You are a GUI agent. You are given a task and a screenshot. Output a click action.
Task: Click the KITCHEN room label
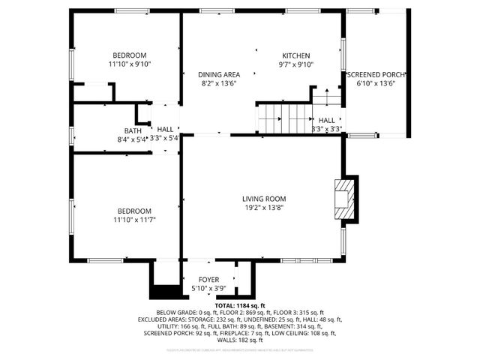pos(295,55)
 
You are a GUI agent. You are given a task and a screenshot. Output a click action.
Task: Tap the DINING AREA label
pos(219,74)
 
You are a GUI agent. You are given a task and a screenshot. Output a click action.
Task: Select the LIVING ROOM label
pos(262,199)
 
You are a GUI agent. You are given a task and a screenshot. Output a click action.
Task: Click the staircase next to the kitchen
pos(285,118)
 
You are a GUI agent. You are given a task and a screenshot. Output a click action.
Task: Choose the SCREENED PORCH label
pos(376,75)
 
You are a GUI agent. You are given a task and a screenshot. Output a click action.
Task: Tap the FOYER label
pos(208,280)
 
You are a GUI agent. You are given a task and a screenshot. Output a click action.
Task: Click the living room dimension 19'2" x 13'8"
pos(262,208)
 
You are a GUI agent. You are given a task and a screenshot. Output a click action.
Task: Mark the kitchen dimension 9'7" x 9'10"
pos(295,64)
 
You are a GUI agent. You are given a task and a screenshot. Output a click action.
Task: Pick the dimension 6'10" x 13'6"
pos(376,83)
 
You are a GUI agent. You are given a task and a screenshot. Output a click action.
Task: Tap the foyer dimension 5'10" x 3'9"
pos(208,289)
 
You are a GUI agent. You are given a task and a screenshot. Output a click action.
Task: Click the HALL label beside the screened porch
pos(326,120)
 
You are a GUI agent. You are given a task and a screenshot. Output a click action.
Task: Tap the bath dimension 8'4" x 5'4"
pos(132,139)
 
